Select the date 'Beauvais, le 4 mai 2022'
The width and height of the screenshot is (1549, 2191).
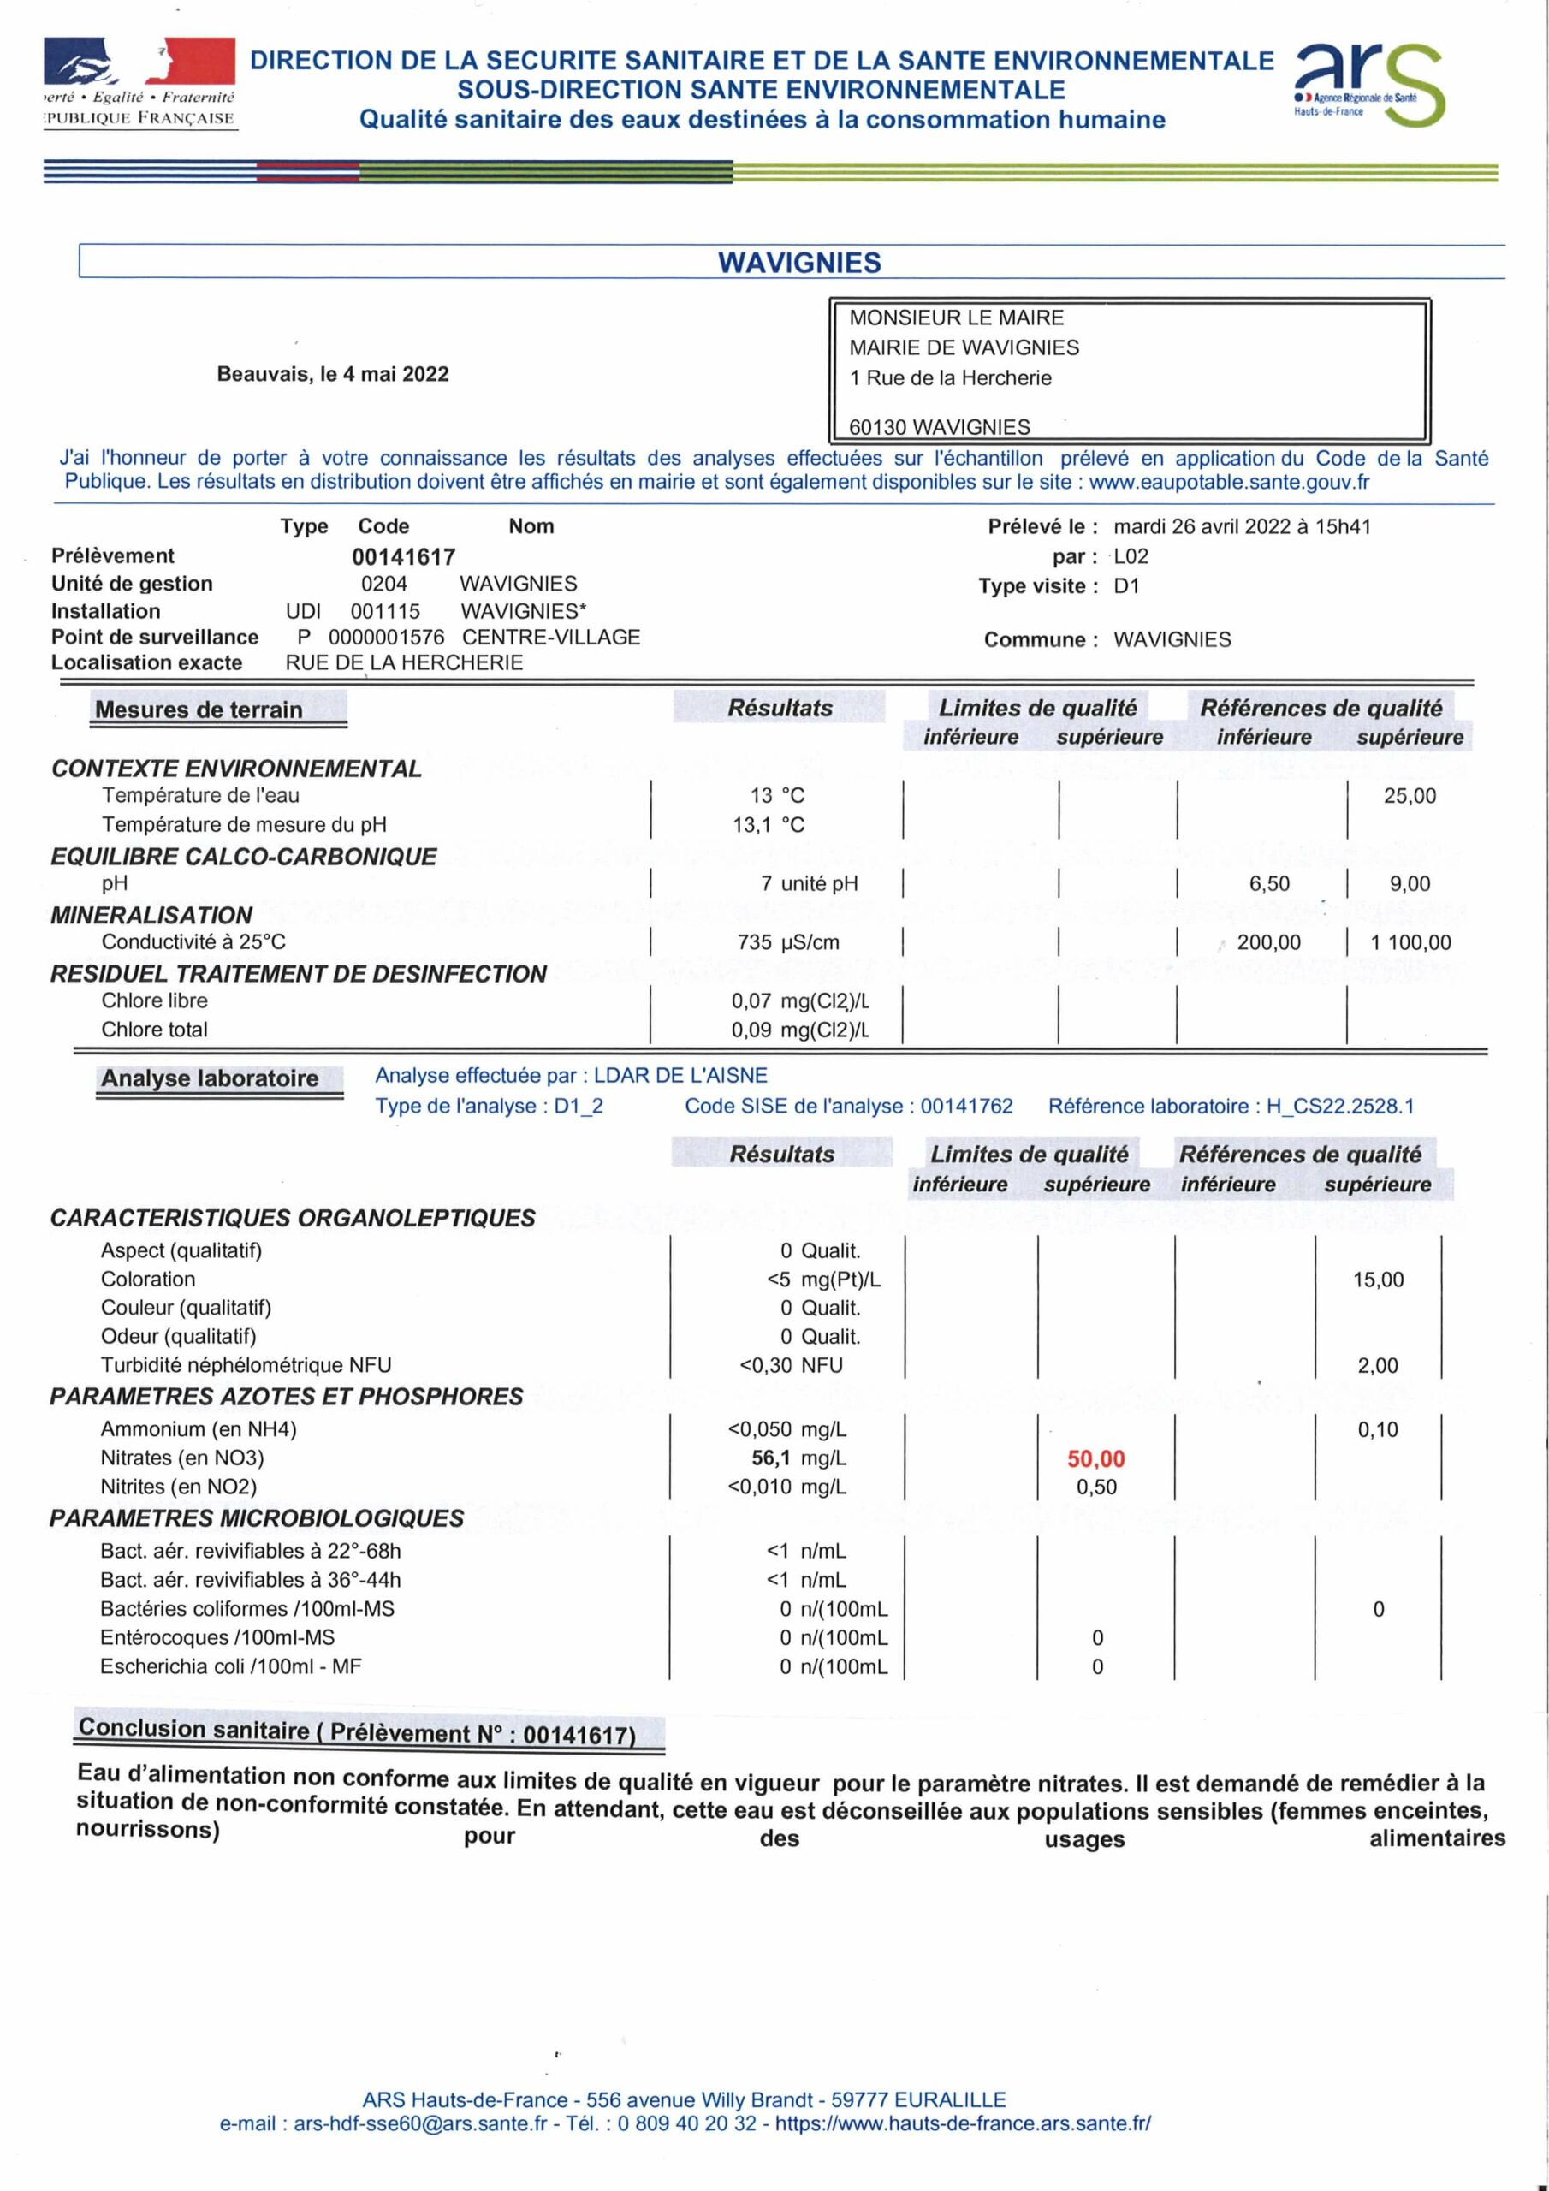click(332, 374)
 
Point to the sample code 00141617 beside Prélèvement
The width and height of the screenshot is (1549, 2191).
click(403, 556)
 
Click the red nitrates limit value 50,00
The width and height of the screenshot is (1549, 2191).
click(1095, 1458)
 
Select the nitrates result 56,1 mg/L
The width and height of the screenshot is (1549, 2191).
click(798, 1458)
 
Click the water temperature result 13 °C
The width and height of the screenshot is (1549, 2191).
click(777, 795)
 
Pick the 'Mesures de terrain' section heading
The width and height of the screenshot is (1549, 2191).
click(199, 710)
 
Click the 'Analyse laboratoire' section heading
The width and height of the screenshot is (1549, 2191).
click(210, 1078)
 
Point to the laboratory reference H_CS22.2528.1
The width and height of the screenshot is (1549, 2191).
click(1339, 1106)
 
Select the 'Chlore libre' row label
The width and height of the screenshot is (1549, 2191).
click(155, 1000)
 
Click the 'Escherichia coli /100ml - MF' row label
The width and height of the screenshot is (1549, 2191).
click(231, 1666)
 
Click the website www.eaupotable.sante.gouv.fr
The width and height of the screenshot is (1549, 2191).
click(1228, 482)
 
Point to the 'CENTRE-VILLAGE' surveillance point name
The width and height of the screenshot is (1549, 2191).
click(550, 637)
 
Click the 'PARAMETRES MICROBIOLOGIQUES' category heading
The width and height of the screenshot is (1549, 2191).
click(257, 1518)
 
